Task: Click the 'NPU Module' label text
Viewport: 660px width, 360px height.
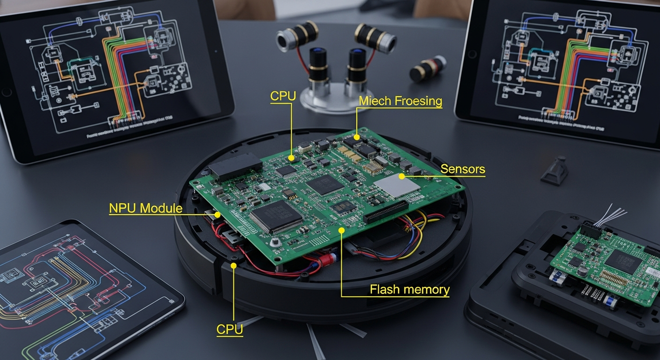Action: [145, 208]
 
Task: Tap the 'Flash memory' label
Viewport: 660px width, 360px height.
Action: [409, 289]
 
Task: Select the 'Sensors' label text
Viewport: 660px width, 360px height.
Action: [463, 169]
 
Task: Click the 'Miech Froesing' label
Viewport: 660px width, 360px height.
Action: [400, 101]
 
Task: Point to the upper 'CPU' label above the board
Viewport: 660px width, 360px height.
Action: [283, 96]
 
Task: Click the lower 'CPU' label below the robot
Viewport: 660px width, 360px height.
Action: [230, 329]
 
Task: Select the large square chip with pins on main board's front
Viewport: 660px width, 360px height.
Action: [276, 216]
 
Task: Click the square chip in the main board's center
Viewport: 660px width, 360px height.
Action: [325, 184]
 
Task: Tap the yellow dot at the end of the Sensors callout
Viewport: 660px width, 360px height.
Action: [402, 176]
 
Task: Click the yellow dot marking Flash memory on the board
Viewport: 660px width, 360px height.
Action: [341, 230]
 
